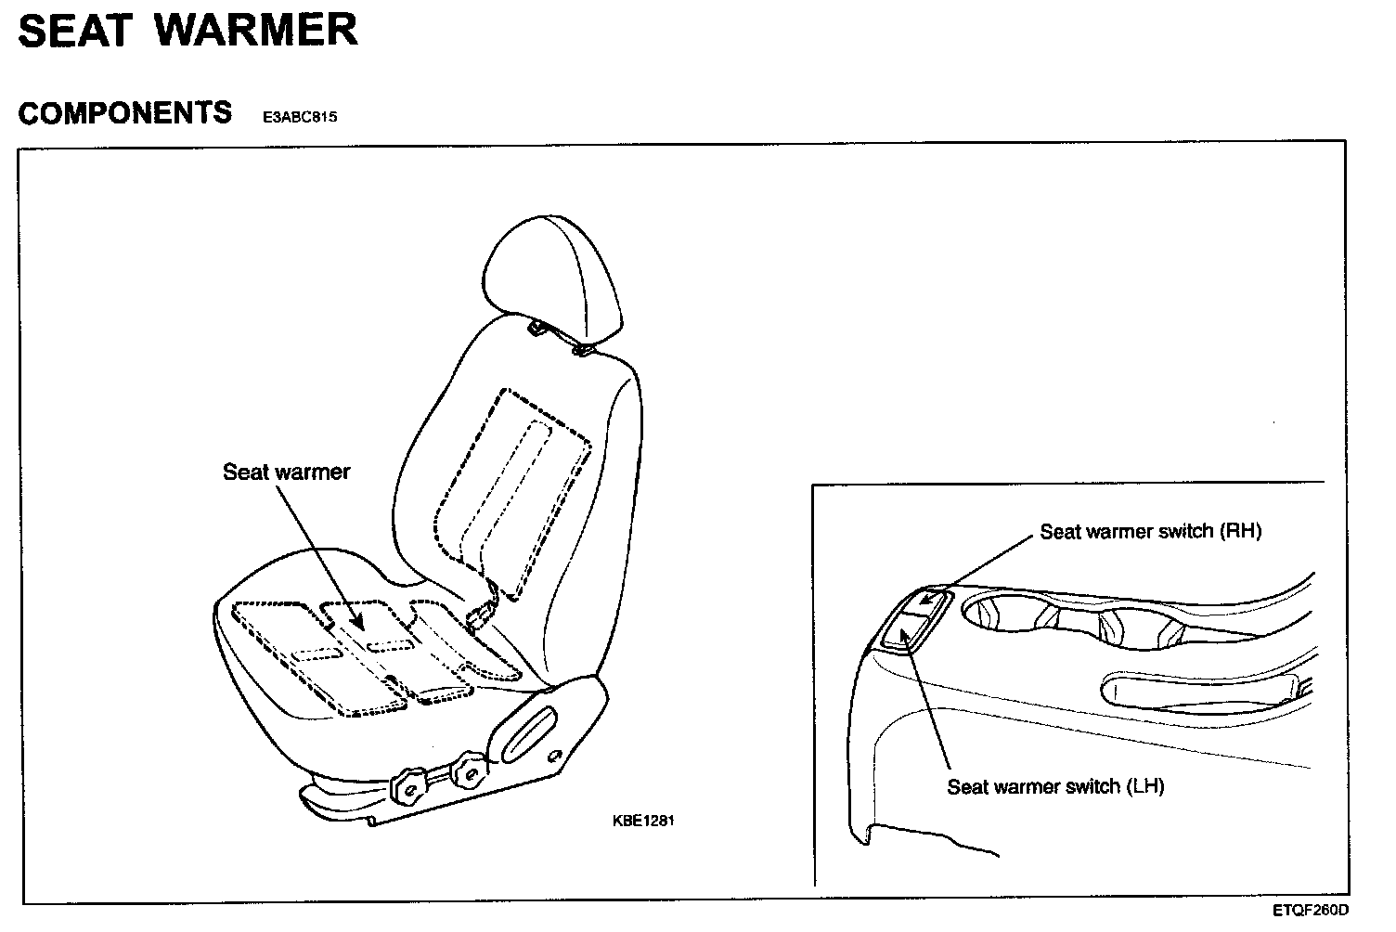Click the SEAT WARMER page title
coord(187,30)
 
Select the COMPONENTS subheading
coord(125,112)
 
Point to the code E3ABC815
coord(300,117)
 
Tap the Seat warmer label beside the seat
coord(286,472)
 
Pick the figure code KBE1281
coord(642,821)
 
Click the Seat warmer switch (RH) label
coord(1150,531)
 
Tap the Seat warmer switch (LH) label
coord(1055,786)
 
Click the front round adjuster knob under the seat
coord(407,787)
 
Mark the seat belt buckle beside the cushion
coord(483,615)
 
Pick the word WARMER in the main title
coord(256,30)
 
